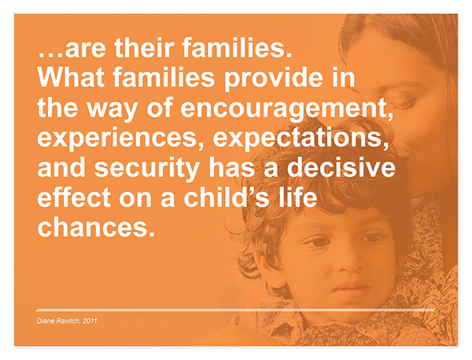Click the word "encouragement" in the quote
point(286,109)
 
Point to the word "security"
point(147,168)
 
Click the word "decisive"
point(341,167)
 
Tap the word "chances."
point(96,226)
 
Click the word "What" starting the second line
point(71,77)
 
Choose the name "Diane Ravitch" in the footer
point(58,321)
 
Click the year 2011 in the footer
point(90,321)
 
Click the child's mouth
point(352,289)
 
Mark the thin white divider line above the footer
point(235,310)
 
